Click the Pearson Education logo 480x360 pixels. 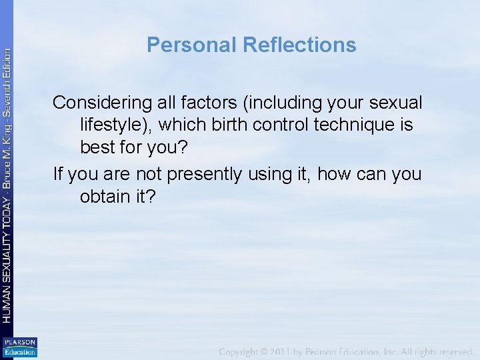[x=20, y=347]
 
